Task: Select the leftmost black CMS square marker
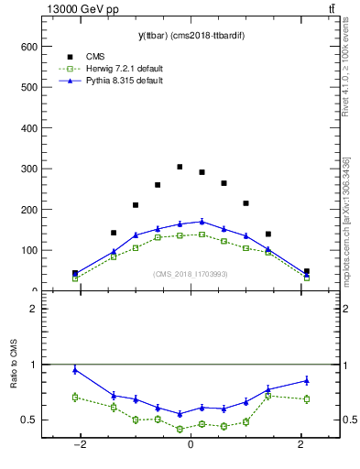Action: click(x=75, y=273)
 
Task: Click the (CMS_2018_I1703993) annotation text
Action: click(x=191, y=274)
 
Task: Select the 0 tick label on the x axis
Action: click(x=191, y=444)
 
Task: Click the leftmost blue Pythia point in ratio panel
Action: click(x=75, y=369)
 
